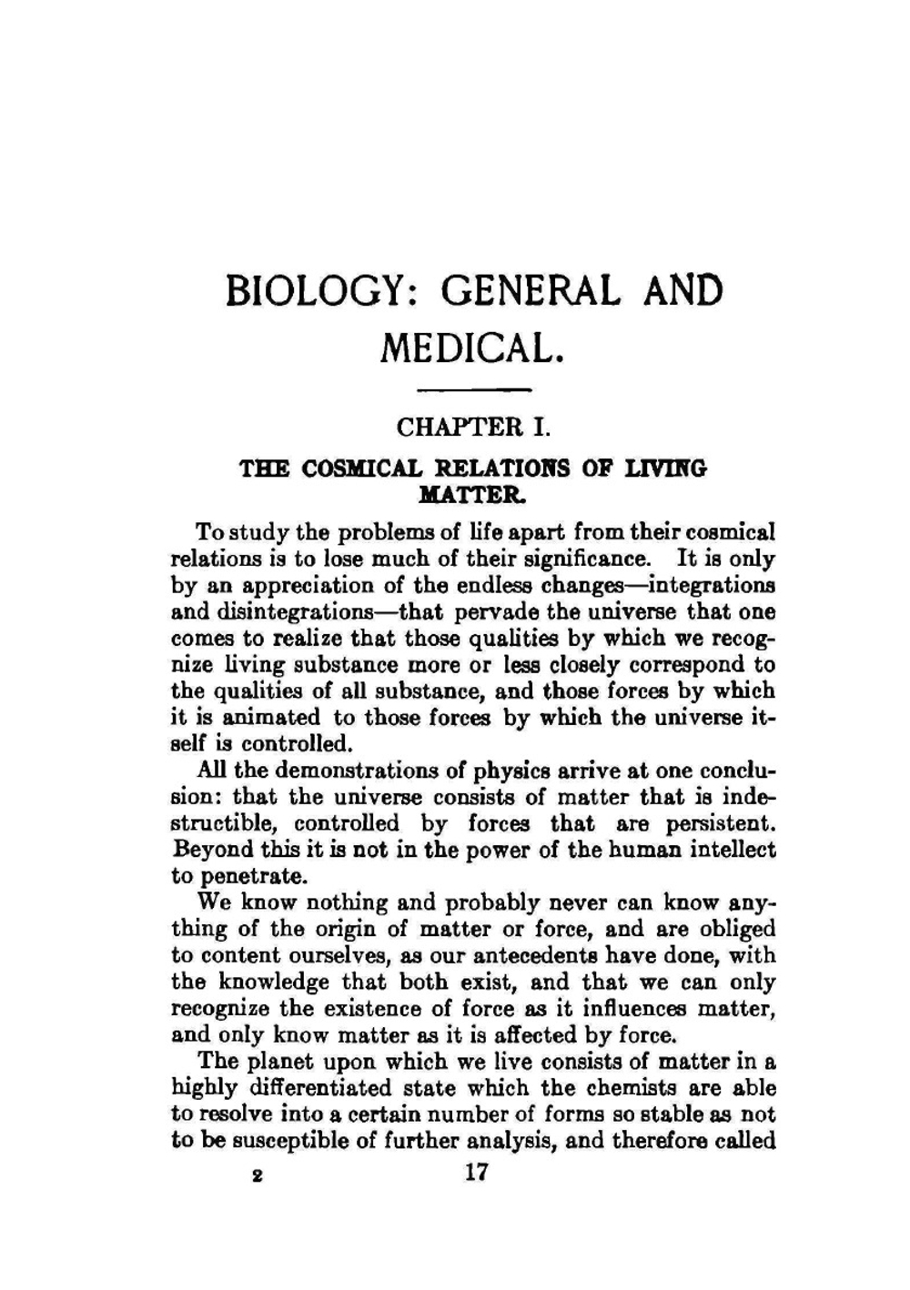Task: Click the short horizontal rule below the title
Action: [x=474, y=390]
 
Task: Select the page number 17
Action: [x=476, y=1173]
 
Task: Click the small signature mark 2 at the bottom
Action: [x=258, y=1174]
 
